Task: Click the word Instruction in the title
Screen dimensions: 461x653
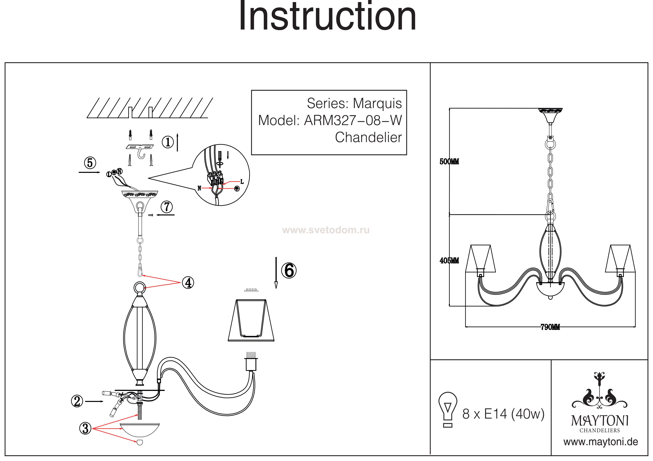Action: [x=327, y=17]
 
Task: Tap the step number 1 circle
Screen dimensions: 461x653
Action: [x=168, y=142]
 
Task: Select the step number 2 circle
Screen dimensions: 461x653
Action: [x=77, y=401]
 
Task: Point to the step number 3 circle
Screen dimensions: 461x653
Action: [x=85, y=428]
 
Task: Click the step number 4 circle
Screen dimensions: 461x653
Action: [x=188, y=283]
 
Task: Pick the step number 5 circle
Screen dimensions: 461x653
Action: [x=90, y=163]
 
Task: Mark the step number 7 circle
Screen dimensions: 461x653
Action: [x=167, y=207]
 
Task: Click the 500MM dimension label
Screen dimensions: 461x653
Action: [x=449, y=162]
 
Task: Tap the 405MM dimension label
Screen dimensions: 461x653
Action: [x=449, y=260]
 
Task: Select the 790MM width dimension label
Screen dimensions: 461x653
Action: [x=550, y=327]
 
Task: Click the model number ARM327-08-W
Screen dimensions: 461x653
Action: [x=353, y=120]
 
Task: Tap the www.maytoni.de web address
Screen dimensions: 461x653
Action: [x=601, y=442]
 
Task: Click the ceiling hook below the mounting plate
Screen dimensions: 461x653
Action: [x=141, y=155]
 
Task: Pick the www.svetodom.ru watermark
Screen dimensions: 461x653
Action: [x=326, y=230]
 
